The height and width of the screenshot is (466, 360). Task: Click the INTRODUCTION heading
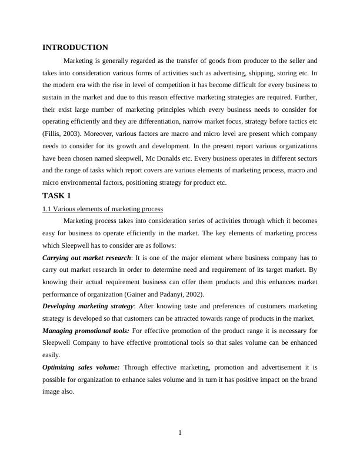[x=75, y=48]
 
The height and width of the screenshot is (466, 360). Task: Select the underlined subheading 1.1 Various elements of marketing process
[x=103, y=209]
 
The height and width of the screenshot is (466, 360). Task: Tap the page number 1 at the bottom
[x=180, y=434]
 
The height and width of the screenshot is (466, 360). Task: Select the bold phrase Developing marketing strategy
[x=88, y=307]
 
